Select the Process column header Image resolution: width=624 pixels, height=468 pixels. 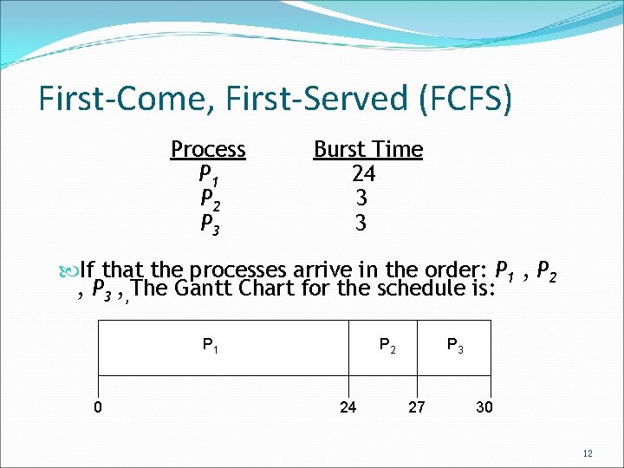(x=208, y=149)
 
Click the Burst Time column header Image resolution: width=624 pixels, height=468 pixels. (x=367, y=149)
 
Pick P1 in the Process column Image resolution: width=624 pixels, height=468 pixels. (x=209, y=174)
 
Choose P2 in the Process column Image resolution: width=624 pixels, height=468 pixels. (x=209, y=199)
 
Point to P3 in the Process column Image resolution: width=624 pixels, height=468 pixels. (x=209, y=224)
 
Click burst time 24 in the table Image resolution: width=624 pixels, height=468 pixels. (x=363, y=174)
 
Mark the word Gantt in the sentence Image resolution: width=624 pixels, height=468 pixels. (x=201, y=288)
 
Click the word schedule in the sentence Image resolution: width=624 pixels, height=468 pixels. (x=433, y=288)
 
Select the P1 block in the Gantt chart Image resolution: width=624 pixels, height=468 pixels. (x=211, y=346)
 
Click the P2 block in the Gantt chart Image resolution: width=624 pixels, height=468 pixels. (x=387, y=346)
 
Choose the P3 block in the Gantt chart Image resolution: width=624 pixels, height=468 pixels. (x=455, y=346)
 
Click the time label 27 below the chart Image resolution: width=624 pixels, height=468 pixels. (x=416, y=406)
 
